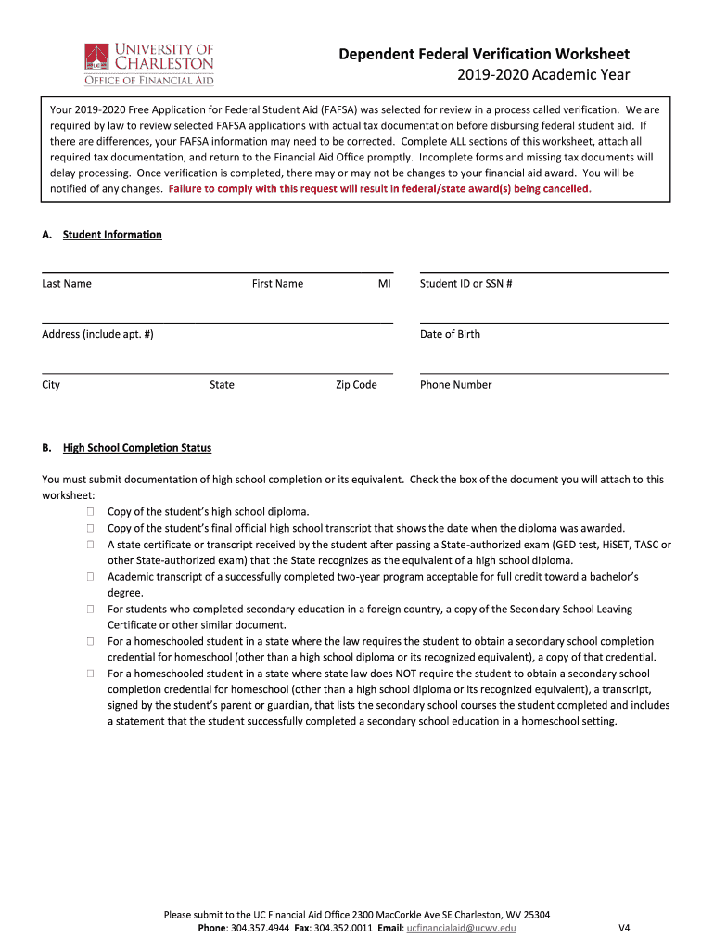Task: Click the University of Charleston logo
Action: click(x=149, y=63)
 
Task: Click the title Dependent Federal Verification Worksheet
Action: click(x=484, y=54)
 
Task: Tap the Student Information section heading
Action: click(x=112, y=235)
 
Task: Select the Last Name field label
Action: click(x=67, y=284)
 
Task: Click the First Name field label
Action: click(x=277, y=284)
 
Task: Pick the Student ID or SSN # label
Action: click(x=466, y=284)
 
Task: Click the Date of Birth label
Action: click(x=450, y=334)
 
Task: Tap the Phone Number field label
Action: click(x=455, y=385)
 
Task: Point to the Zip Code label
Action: click(x=356, y=385)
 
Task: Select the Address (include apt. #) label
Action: click(x=97, y=334)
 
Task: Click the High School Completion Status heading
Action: click(x=137, y=448)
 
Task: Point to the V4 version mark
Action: click(x=624, y=928)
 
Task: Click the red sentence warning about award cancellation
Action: click(x=379, y=188)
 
